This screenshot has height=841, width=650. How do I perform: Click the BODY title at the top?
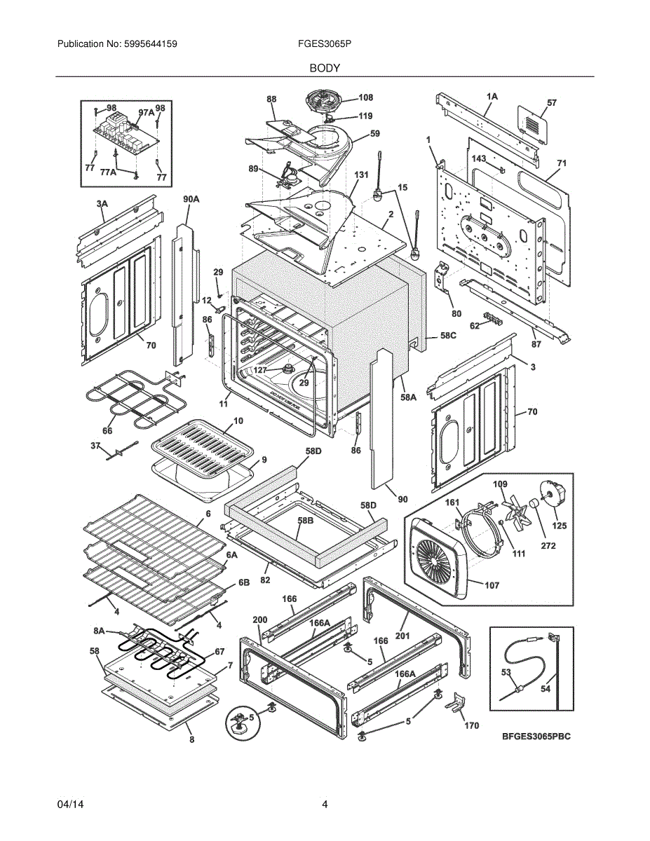tap(325, 68)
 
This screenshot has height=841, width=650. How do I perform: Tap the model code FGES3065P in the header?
tap(324, 44)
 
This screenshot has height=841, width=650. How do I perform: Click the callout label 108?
tap(365, 97)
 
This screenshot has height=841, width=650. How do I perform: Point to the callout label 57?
tap(551, 103)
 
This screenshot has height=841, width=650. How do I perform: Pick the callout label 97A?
tap(146, 112)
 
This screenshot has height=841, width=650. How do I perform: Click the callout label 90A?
tap(191, 200)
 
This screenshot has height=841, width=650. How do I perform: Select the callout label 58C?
tap(448, 336)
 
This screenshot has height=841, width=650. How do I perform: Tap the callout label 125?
tap(560, 526)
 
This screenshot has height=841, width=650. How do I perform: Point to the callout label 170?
tap(472, 725)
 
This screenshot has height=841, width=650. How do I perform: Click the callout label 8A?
tap(99, 631)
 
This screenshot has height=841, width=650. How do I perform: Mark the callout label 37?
tap(96, 445)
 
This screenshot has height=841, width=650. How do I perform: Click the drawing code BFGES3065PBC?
tap(536, 737)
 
